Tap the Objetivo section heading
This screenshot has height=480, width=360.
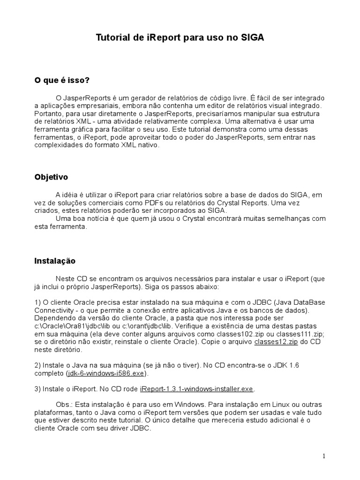pos(51,177)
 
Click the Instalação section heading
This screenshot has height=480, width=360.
pos(55,261)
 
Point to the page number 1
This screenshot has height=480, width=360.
pos(324,456)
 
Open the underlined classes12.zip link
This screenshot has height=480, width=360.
pos(276,343)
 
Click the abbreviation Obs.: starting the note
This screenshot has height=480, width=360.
pos(64,405)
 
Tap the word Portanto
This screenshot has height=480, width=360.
pos(48,114)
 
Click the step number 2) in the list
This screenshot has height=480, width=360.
pos(38,366)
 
